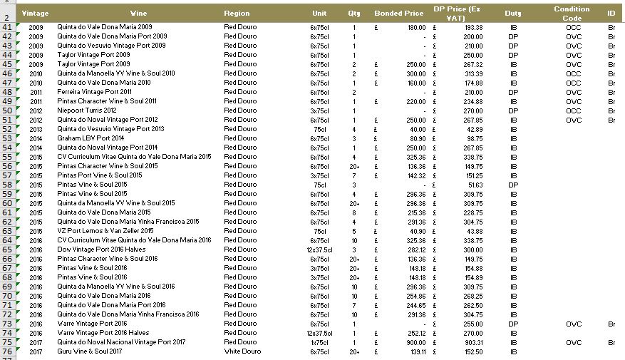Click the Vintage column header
pyautogui.click(x=35, y=14)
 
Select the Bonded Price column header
pyautogui.click(x=398, y=14)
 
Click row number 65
pyautogui.click(x=7, y=250)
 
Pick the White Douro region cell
pyautogui.click(x=240, y=351)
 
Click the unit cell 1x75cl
pyautogui.click(x=319, y=342)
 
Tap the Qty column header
pyautogui.click(x=354, y=14)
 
